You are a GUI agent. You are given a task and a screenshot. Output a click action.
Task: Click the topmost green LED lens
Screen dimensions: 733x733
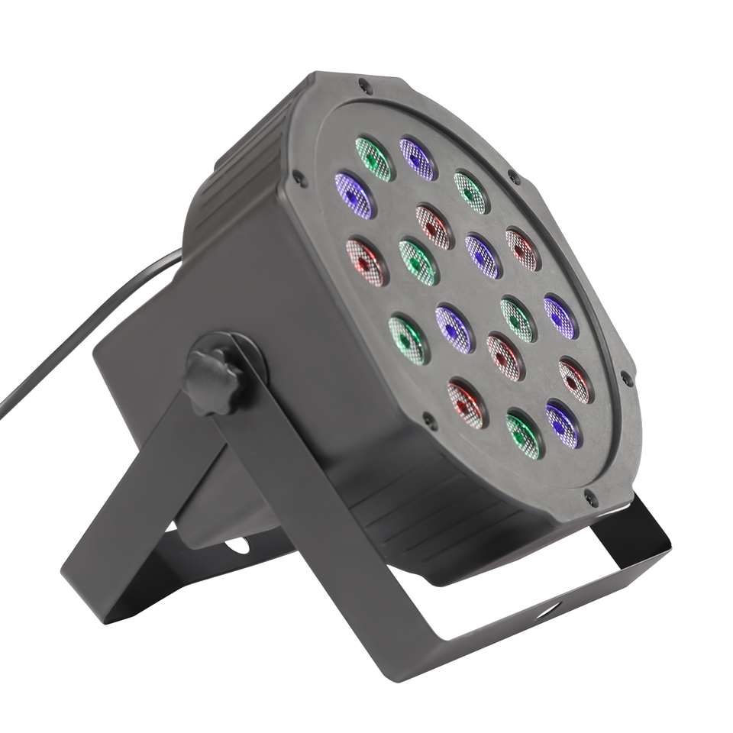[373, 159]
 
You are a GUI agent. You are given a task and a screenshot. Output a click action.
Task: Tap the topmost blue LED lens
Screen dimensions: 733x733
[417, 159]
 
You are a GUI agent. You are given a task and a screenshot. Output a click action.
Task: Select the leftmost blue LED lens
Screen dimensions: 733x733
[354, 195]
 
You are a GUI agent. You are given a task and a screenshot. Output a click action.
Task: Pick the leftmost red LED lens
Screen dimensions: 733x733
[366, 262]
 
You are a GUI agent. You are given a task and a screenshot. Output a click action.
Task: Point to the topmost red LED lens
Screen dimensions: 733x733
[434, 227]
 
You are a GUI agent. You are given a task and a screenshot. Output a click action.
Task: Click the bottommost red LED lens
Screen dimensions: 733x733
[466, 404]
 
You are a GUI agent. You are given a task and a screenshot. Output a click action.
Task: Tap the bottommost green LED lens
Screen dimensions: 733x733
[523, 435]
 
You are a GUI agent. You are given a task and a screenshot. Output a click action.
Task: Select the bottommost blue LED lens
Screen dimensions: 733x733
[563, 425]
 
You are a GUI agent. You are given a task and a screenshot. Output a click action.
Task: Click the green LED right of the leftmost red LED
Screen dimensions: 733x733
[418, 262]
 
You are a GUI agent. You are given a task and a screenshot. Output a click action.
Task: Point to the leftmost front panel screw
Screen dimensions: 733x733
[299, 180]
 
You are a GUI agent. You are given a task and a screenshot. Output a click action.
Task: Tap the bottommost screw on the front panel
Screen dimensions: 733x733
[589, 498]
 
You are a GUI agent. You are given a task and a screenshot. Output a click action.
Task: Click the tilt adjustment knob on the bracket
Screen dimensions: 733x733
[213, 380]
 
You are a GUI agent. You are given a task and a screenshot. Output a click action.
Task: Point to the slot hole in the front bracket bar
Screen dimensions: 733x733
[548, 609]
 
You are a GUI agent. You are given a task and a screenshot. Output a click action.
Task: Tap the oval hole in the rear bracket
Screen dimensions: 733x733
[237, 545]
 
